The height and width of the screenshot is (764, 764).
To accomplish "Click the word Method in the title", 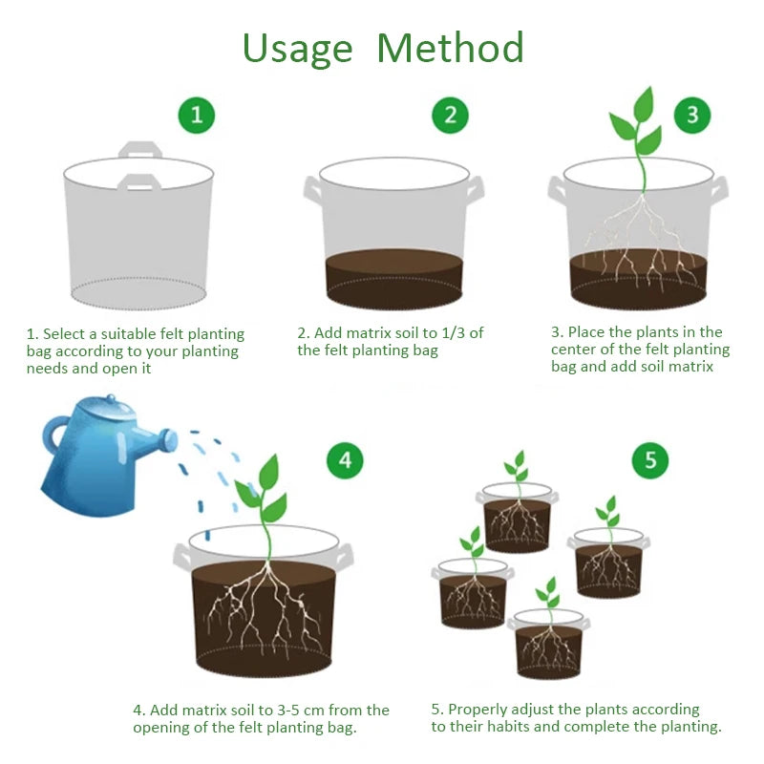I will click(450, 48).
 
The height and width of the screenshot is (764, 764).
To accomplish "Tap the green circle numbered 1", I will click(197, 116).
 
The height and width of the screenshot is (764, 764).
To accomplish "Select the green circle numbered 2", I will click(450, 116).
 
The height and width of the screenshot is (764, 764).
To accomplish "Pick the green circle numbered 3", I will click(692, 116).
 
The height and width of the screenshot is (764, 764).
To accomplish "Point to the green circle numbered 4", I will click(345, 460).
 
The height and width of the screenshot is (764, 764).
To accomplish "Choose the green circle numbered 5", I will click(650, 460).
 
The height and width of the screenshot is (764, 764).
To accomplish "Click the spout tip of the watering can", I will click(169, 440).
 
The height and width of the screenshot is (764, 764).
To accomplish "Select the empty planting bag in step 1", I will click(138, 234).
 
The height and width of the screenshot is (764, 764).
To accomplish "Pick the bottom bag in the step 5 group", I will click(548, 645).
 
